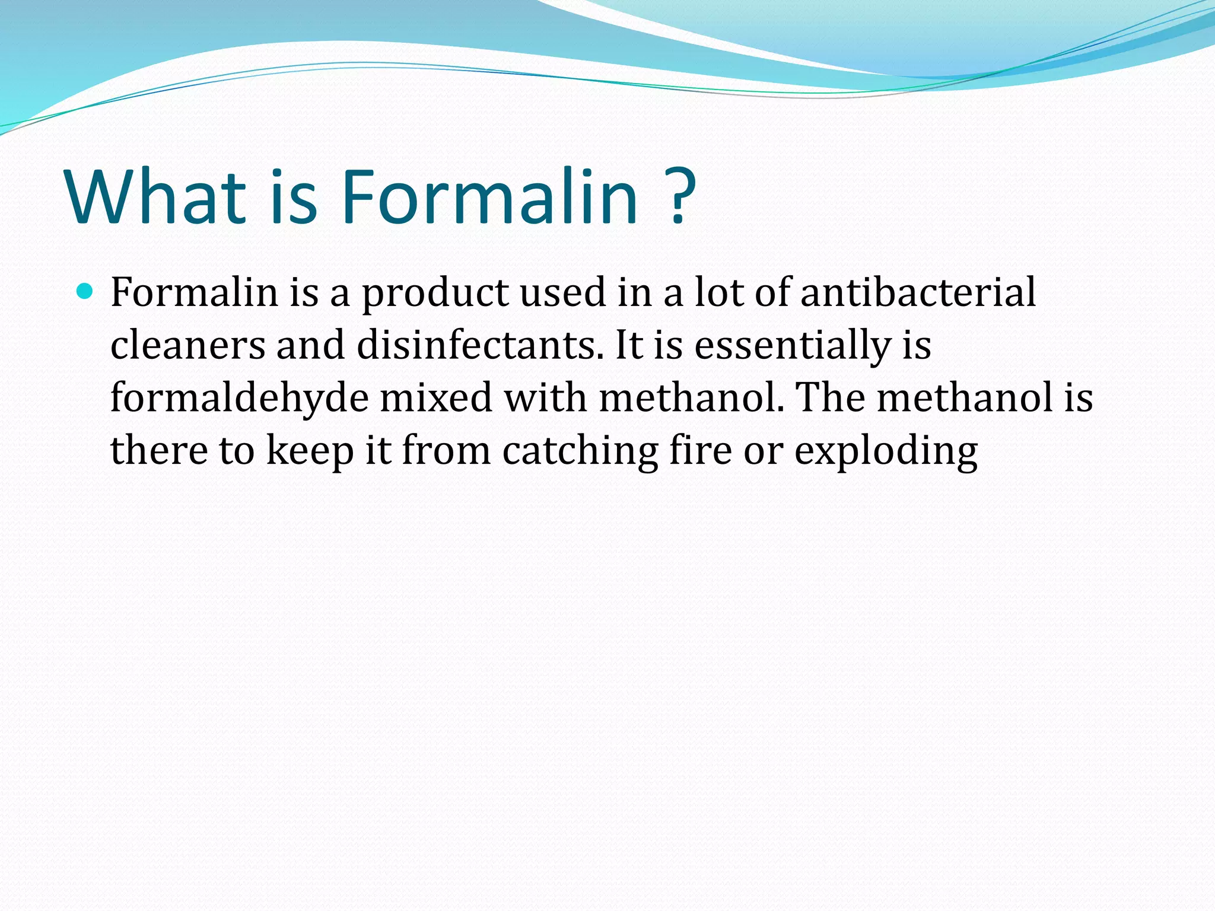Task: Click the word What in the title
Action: tap(156, 197)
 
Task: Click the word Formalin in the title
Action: tap(489, 197)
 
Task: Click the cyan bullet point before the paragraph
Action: tap(85, 291)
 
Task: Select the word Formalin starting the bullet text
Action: tap(195, 292)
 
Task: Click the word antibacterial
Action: tap(918, 292)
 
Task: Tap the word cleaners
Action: tap(187, 345)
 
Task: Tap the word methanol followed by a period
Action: tap(691, 397)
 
